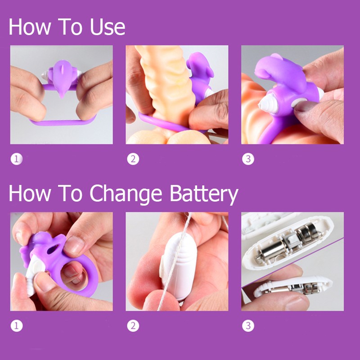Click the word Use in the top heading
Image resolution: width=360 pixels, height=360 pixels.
click(x=108, y=27)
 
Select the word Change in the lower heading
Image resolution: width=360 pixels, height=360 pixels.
click(x=126, y=194)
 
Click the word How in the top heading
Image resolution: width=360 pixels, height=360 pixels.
click(x=30, y=27)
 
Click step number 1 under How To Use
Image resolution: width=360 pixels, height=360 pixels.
click(x=17, y=159)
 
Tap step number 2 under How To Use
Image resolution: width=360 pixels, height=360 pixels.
click(x=133, y=159)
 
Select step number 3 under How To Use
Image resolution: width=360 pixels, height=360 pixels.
click(x=248, y=159)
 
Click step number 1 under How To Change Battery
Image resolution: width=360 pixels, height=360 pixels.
click(x=17, y=326)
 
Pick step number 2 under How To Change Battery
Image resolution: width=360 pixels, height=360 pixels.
click(x=133, y=326)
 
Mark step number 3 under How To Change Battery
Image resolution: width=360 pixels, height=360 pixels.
click(x=248, y=326)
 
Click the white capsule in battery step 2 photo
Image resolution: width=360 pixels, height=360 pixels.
click(x=179, y=266)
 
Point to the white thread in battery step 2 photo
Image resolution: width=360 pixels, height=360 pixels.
click(x=174, y=262)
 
